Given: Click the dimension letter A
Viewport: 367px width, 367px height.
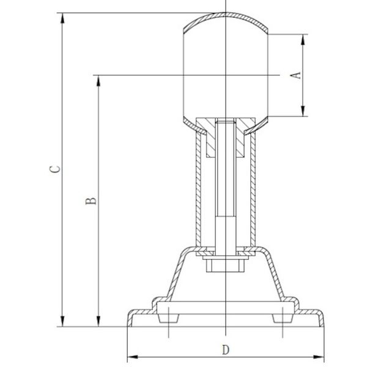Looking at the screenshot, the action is pyautogui.click(x=296, y=75).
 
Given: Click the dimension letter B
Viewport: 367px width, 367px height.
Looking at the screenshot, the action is pyautogui.click(x=91, y=201).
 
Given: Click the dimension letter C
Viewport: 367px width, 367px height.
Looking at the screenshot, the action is pyautogui.click(x=55, y=169).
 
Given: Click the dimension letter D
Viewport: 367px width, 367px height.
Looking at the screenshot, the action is pyautogui.click(x=225, y=350).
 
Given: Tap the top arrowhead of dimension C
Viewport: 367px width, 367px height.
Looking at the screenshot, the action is pyautogui.click(x=62, y=18).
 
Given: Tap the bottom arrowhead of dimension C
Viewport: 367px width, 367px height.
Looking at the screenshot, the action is pyautogui.click(x=62, y=321).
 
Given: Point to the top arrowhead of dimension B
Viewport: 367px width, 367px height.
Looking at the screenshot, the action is pyautogui.click(x=98, y=81).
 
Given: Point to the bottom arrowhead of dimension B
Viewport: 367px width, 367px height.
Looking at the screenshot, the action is pyautogui.click(x=98, y=321).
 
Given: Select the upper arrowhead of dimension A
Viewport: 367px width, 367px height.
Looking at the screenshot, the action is pyautogui.click(x=303, y=40).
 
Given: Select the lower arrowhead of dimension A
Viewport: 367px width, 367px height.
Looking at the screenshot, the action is pyautogui.click(x=303, y=111).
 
